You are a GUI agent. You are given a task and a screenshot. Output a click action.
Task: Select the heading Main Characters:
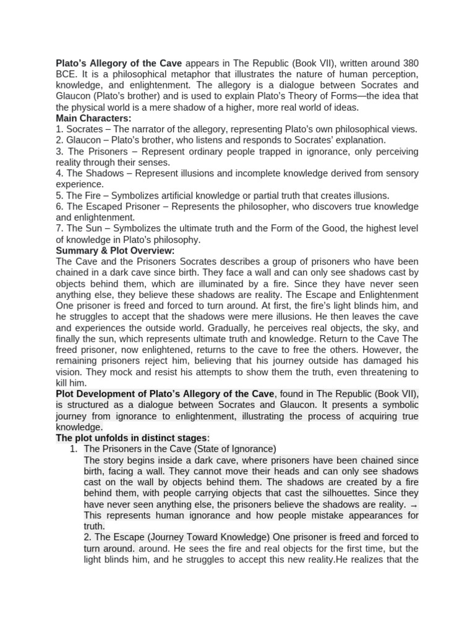tap(93, 118)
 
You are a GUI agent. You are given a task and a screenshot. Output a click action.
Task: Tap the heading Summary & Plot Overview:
tap(115, 250)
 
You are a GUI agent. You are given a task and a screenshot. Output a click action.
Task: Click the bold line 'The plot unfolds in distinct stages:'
tap(133, 438)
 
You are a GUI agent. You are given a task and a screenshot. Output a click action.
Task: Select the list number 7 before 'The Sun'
tap(59, 229)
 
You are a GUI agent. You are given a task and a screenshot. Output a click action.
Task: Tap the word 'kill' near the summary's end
tap(64, 383)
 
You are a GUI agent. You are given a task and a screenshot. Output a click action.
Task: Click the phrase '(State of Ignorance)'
tap(228, 449)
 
